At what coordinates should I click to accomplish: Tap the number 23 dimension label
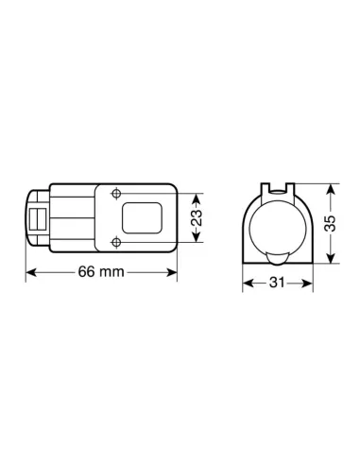(x=196, y=218)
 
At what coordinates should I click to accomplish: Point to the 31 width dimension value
(x=275, y=284)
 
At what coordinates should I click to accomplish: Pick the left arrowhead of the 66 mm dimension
(x=28, y=272)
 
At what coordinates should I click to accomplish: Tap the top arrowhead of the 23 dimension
(x=196, y=197)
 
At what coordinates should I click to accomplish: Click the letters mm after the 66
(x=113, y=272)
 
